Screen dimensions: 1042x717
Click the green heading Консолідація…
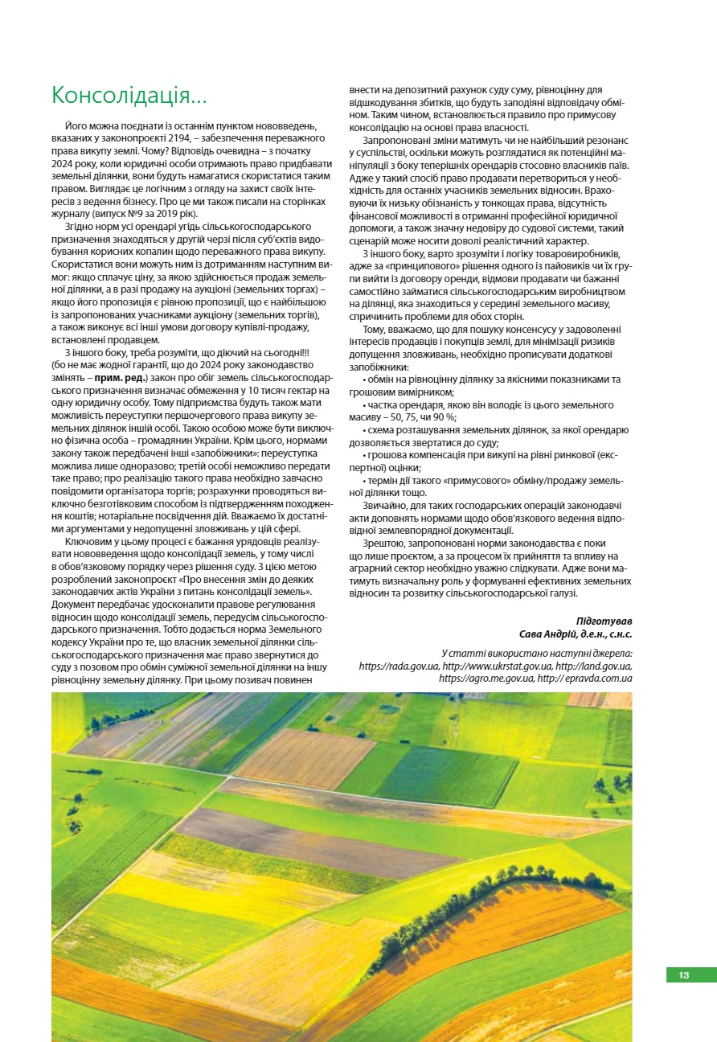pyautogui.click(x=129, y=95)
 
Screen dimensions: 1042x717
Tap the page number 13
pyautogui.click(x=683, y=975)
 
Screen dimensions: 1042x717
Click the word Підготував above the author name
pyautogui.click(x=604, y=622)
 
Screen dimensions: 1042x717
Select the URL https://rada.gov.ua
pyautogui.click(x=398, y=666)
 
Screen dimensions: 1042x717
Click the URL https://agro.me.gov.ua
pyautogui.click(x=486, y=678)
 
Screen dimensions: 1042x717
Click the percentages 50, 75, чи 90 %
pyautogui.click(x=420, y=416)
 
